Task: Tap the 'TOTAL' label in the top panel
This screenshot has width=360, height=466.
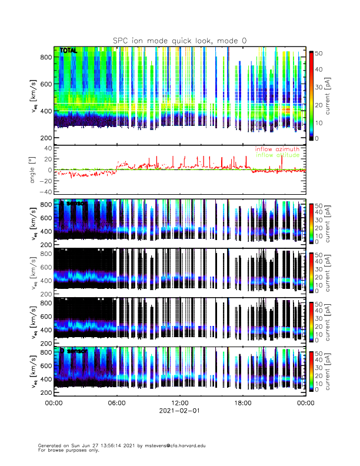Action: (x=69, y=51)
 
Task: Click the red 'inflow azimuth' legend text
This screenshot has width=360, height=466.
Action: (x=277, y=149)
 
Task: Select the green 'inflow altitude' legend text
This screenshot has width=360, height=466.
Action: (x=277, y=155)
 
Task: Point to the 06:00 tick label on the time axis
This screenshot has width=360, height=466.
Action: (x=116, y=404)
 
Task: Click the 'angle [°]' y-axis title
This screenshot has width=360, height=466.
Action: (x=34, y=169)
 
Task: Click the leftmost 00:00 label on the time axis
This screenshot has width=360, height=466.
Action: (x=54, y=404)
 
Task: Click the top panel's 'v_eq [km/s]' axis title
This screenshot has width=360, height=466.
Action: (x=34, y=97)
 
